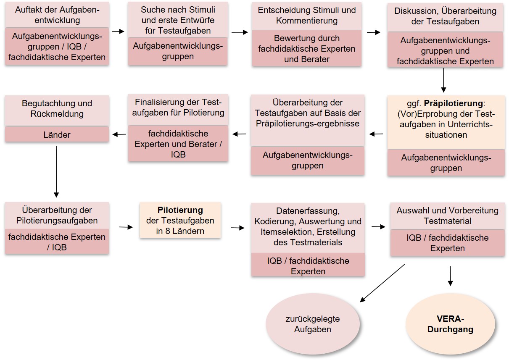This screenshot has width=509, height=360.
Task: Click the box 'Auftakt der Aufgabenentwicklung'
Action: pos(57,15)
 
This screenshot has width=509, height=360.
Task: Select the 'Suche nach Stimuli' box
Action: pos(178,20)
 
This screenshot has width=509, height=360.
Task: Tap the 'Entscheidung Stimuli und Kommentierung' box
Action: pos(307,16)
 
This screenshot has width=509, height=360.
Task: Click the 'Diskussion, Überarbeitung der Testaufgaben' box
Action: pos(445,16)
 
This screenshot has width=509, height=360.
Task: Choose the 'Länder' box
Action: pos(57,135)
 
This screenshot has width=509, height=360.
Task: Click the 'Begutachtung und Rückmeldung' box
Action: pos(57,109)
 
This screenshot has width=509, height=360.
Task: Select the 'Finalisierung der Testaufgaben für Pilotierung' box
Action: pos(178,108)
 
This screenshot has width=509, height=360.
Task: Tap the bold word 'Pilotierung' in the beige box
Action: pos(180,210)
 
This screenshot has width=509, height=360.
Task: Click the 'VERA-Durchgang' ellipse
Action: pos(450,324)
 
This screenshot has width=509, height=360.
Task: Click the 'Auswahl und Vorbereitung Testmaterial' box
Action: pos(447,215)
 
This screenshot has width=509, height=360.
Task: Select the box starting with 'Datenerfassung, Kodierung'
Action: pos(308,227)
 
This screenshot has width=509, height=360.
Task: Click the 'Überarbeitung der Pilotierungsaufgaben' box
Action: pos(57,215)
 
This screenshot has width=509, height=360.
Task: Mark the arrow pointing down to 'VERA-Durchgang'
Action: pos(450,276)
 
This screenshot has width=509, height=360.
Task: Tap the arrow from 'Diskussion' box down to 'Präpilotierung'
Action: pos(443,80)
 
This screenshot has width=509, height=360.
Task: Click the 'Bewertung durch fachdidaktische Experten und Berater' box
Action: pos(307,49)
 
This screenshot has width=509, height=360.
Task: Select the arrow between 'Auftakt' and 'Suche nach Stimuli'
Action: pos(119,32)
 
